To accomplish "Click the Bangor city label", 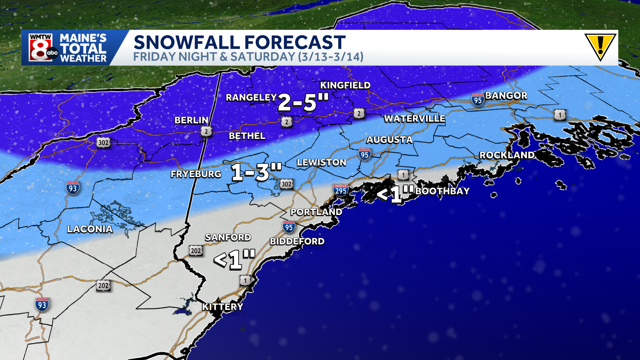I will (x=506, y=96).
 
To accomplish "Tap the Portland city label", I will (x=316, y=212).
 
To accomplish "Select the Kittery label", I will (x=223, y=307).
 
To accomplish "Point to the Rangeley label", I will (x=251, y=98).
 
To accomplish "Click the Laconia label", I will (x=90, y=229).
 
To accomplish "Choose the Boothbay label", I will (x=442, y=191).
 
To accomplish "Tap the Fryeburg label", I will (x=196, y=174).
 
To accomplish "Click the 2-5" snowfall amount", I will (x=303, y=102).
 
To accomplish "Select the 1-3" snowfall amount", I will (x=256, y=172).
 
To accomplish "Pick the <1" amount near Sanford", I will (x=234, y=259).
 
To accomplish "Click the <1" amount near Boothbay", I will (x=395, y=193).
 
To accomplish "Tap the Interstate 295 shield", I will (x=341, y=190).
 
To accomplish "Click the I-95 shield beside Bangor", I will (x=478, y=100).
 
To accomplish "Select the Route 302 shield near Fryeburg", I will (x=286, y=184).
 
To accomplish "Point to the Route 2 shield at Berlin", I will (x=206, y=131).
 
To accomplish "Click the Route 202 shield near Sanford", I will (x=196, y=251).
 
